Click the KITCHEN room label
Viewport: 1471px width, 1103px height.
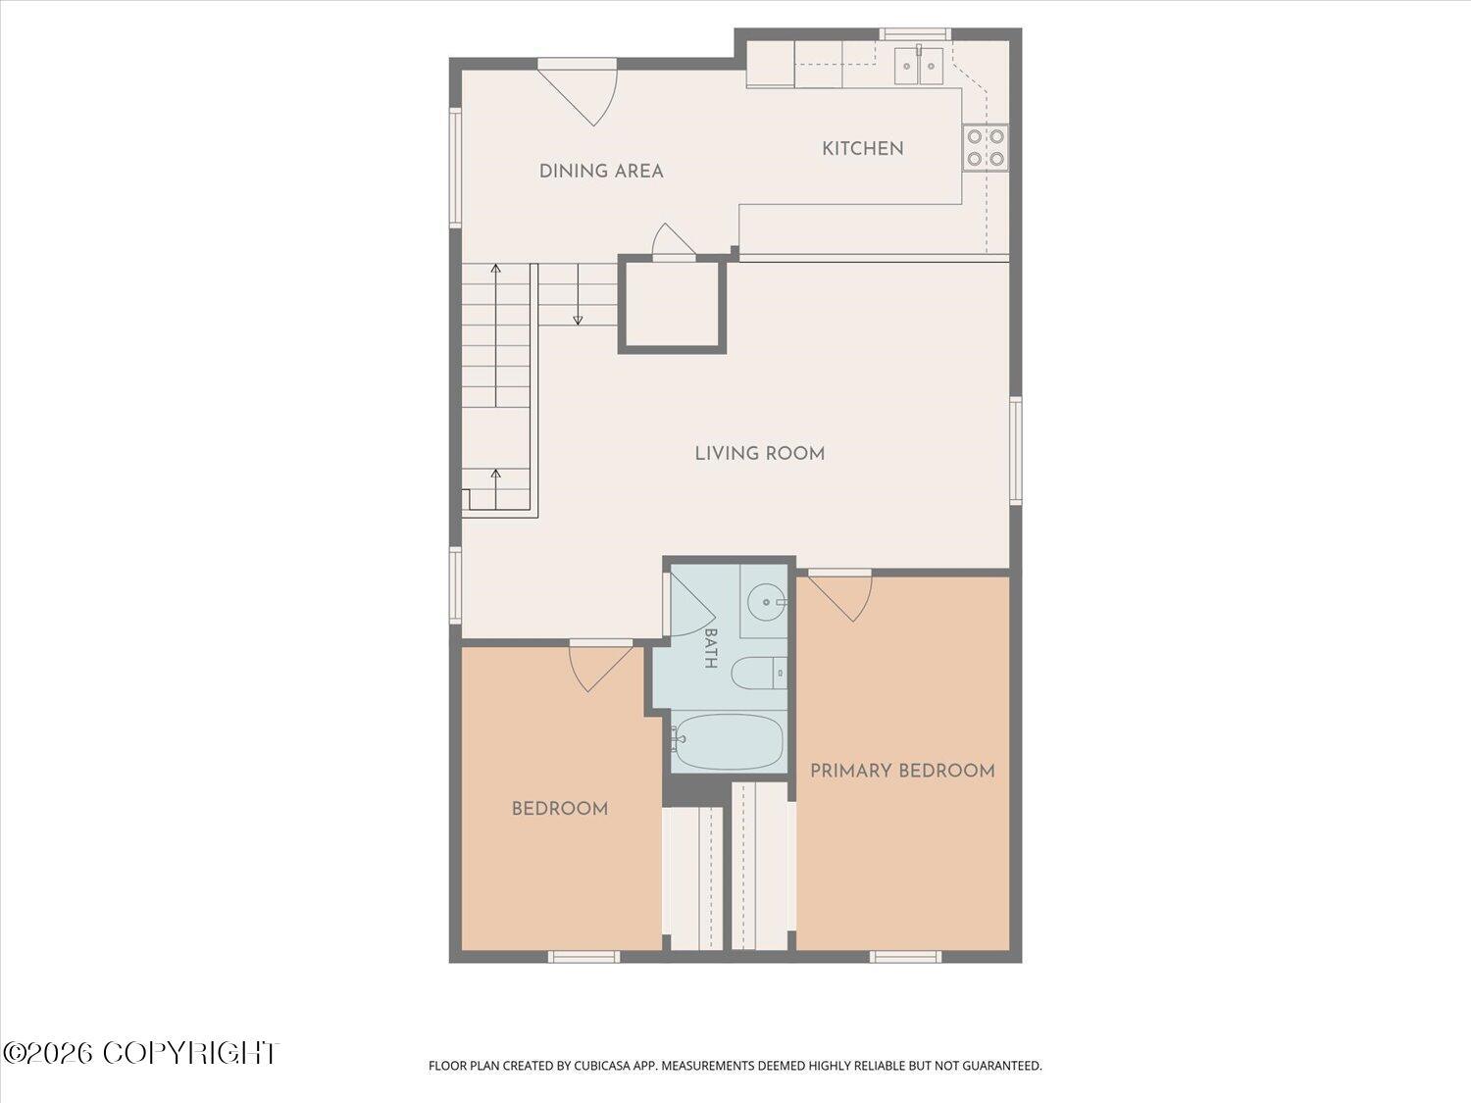point(862,149)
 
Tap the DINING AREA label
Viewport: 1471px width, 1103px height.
point(601,172)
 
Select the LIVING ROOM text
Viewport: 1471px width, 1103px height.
point(759,453)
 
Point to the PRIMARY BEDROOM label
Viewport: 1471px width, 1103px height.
point(902,771)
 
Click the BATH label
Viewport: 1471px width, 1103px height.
point(711,648)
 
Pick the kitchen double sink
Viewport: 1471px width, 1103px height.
point(919,66)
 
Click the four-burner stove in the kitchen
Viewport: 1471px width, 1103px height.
point(986,147)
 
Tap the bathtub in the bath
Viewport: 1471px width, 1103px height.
point(727,742)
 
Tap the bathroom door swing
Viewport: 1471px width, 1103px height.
point(691,604)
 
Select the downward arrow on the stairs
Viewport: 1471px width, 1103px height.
point(578,295)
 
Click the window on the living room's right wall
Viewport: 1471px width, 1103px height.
point(1015,450)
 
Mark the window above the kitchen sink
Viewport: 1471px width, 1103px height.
point(915,34)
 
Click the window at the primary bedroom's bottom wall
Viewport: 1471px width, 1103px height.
point(905,957)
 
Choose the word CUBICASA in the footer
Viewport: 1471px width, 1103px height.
point(602,1066)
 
